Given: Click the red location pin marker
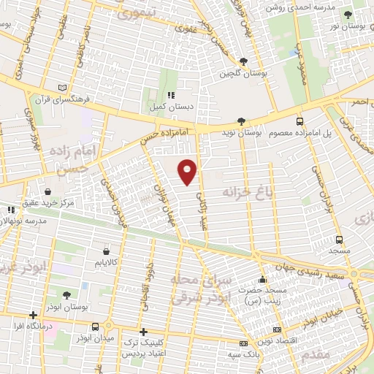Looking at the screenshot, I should click(188, 171).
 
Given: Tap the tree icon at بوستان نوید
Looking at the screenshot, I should click(241, 122).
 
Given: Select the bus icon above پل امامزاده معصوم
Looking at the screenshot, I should click(299, 122).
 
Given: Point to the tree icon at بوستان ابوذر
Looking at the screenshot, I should click(66, 295).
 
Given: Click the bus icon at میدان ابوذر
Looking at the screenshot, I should click(96, 327).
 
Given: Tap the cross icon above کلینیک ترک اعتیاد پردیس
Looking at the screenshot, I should click(143, 331).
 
